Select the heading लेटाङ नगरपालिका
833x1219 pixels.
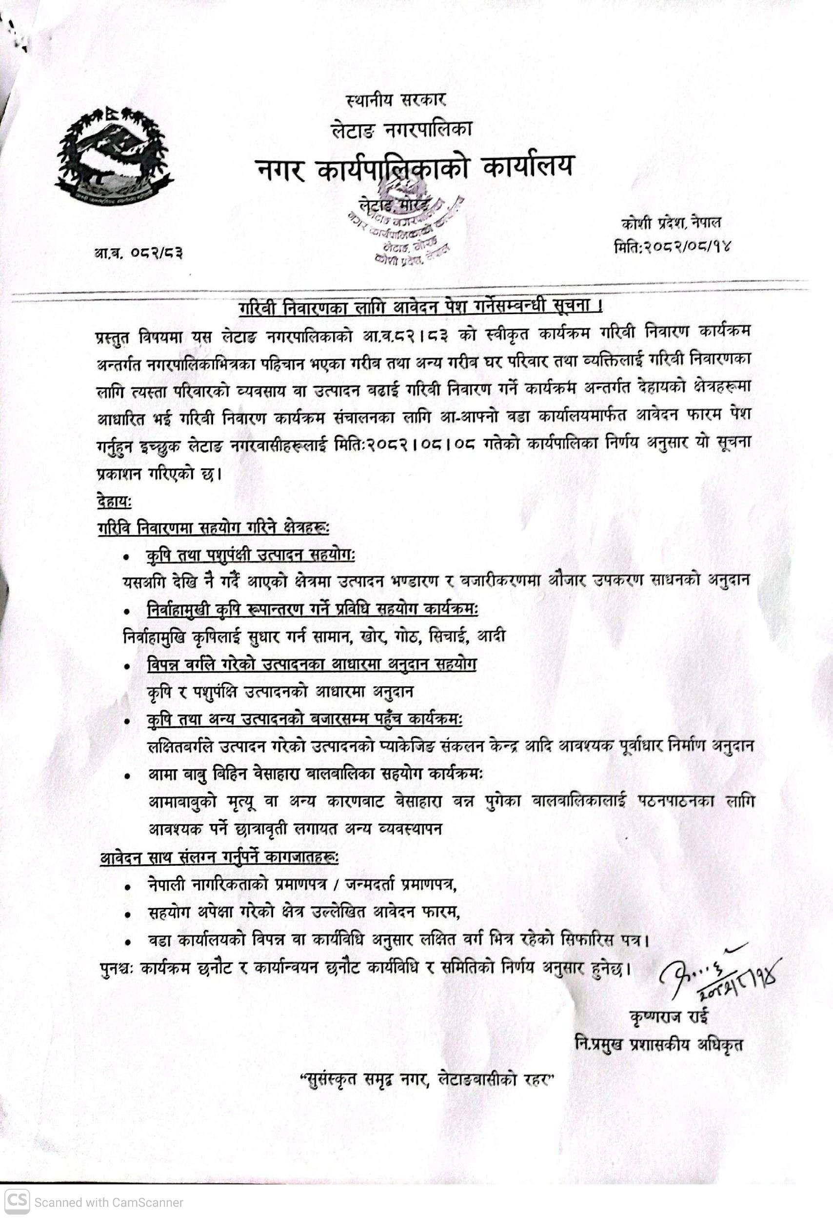tap(402, 129)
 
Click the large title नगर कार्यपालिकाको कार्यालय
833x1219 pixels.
tap(415, 168)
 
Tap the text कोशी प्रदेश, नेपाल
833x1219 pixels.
tap(671, 223)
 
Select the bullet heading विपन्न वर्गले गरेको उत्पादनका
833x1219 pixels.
tap(312, 664)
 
